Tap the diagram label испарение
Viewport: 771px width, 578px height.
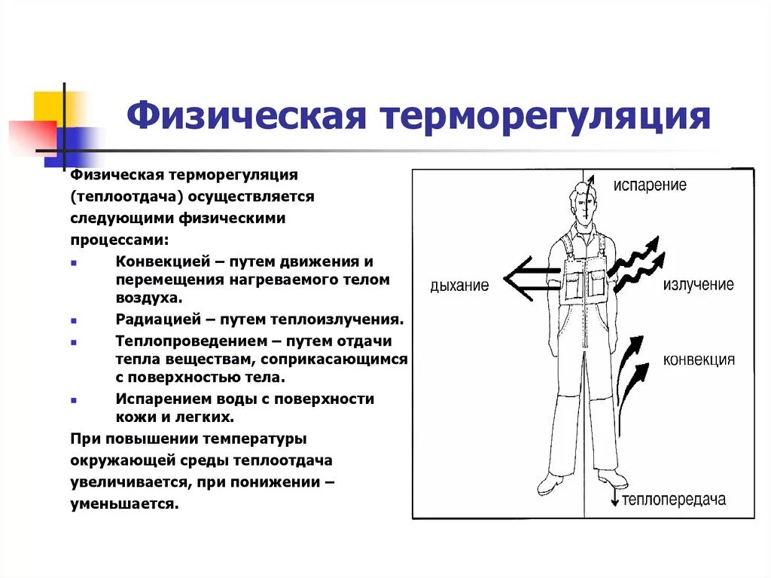tap(650, 185)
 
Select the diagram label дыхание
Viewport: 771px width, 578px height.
tap(459, 286)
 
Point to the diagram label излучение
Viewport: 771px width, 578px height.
tap(698, 285)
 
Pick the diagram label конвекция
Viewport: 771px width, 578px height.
tap(699, 359)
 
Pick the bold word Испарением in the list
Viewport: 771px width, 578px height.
tap(161, 399)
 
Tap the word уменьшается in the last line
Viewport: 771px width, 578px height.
tap(124, 504)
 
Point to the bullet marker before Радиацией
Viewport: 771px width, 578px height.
tap(73, 320)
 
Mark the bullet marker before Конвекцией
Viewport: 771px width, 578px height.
tap(73, 263)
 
